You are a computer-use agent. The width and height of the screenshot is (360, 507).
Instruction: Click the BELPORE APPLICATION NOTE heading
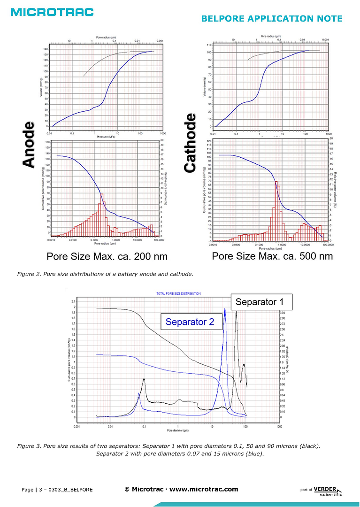point(271,19)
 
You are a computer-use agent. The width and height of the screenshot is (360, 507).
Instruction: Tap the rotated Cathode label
point(190,143)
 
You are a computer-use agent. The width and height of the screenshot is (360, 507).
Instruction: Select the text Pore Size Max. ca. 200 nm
point(107,257)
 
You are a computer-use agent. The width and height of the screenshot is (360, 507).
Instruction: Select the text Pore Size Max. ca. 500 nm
point(272,256)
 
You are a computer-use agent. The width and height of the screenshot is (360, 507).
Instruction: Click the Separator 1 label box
point(261,302)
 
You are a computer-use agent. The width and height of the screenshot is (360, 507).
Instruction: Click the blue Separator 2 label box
point(190,322)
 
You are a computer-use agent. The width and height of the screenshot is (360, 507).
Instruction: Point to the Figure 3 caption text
point(180,450)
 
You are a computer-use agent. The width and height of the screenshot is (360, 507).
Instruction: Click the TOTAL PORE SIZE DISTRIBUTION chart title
point(178,293)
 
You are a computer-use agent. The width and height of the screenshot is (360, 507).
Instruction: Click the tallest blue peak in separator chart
point(225,310)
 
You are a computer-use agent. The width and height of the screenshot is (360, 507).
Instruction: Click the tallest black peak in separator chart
point(236,314)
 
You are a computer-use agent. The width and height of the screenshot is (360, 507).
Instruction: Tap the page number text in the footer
point(57,490)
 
